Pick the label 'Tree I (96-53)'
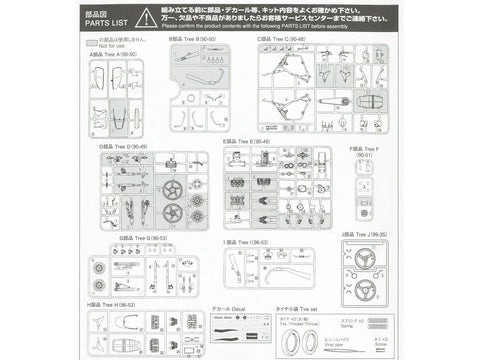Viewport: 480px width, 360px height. tap(250, 242)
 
